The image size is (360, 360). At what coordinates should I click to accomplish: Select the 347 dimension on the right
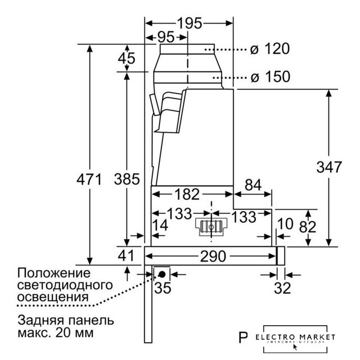tap(328, 167)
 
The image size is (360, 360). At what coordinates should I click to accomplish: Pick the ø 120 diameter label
tap(269, 49)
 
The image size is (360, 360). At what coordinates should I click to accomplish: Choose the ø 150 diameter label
tap(270, 76)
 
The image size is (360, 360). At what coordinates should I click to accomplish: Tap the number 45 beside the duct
tap(127, 58)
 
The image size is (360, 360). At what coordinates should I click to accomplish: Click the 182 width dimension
tap(186, 195)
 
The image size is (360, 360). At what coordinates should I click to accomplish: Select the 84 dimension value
tap(254, 184)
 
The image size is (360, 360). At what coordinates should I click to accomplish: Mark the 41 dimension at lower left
tap(126, 256)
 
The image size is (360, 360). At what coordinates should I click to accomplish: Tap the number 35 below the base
tap(162, 289)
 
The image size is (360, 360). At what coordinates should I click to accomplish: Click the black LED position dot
tap(162, 274)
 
